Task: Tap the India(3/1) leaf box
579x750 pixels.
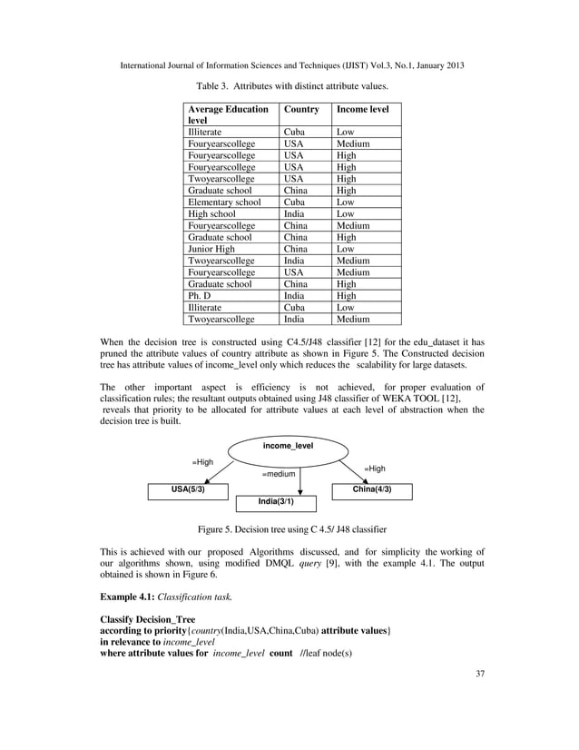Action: point(277,502)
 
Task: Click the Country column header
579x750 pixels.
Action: point(301,109)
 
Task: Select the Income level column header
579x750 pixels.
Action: point(362,109)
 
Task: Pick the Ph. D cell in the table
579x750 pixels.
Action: point(199,296)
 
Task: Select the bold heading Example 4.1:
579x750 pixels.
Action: point(134,597)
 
